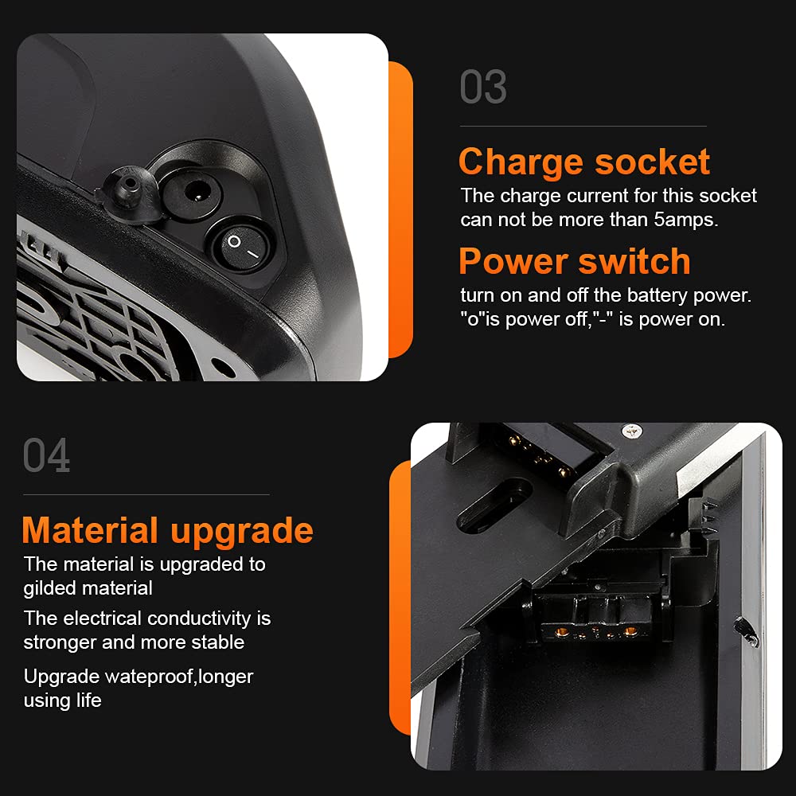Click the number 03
(483, 87)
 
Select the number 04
(47, 455)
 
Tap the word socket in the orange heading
(653, 162)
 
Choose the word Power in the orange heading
(513, 261)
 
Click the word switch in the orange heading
(634, 261)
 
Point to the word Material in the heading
(90, 530)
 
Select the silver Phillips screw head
(632, 431)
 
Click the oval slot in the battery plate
(494, 506)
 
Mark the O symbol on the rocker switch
(234, 241)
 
